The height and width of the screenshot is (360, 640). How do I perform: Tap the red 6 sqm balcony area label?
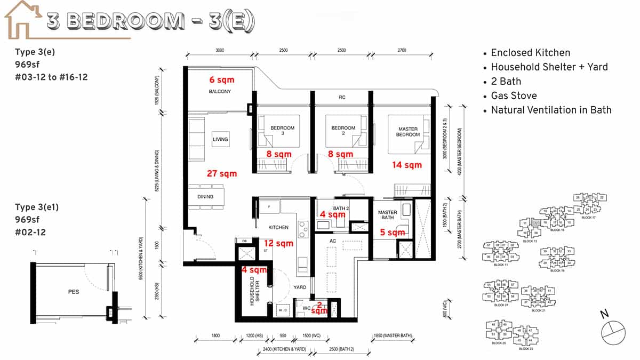[x=221, y=79]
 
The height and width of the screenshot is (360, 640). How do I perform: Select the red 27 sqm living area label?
[x=222, y=173]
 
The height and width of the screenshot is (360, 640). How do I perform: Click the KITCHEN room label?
[x=278, y=227]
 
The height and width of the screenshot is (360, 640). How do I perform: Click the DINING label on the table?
[x=205, y=197]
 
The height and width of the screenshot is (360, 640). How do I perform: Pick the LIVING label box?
[x=220, y=139]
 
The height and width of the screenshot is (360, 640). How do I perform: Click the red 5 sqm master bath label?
[x=392, y=233]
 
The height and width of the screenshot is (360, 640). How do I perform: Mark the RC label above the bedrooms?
[x=342, y=98]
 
